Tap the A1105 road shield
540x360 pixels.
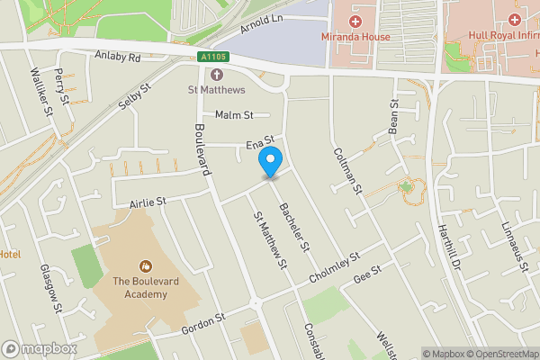coord(215,58)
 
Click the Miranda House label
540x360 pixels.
coord(355,37)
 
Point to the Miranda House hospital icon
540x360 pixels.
coord(355,20)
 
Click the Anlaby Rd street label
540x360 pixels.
coord(118,56)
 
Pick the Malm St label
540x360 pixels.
coord(236,115)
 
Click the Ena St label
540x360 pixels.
coord(259,147)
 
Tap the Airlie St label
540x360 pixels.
coord(148,202)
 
